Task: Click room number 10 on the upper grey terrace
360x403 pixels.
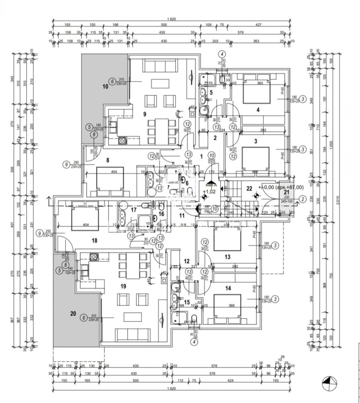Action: pyautogui.click(x=105, y=86)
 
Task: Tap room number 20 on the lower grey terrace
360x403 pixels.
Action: pyautogui.click(x=73, y=314)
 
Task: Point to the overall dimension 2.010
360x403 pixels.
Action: pyautogui.click(x=341, y=200)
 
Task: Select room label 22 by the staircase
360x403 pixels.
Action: pyautogui.click(x=249, y=188)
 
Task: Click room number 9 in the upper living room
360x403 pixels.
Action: pyautogui.click(x=145, y=114)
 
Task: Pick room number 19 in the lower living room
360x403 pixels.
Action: pyautogui.click(x=123, y=286)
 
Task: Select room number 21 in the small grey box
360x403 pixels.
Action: pyautogui.click(x=286, y=192)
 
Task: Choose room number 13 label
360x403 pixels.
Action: pyautogui.click(x=228, y=257)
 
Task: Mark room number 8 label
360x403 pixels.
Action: pyautogui.click(x=108, y=160)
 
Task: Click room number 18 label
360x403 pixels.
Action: pyautogui.click(x=94, y=240)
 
